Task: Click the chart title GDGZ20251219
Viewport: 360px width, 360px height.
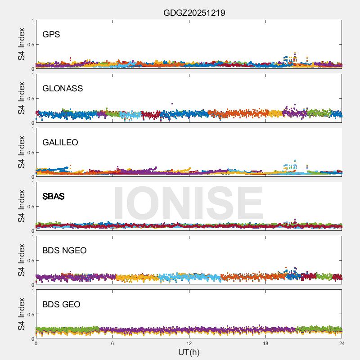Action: coord(194,13)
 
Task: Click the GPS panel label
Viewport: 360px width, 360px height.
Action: coord(51,35)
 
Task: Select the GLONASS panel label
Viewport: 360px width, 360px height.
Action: coord(63,89)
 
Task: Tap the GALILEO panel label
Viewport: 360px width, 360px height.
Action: coord(60,143)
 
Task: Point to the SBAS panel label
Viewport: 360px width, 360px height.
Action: coord(54,197)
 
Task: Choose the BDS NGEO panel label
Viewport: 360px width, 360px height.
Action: coord(64,251)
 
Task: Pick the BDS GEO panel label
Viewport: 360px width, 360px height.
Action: coord(61,305)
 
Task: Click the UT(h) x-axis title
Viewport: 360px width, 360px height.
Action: coord(189,352)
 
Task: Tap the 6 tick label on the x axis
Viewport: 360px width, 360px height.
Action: coord(112,343)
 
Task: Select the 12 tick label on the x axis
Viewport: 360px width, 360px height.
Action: coord(189,343)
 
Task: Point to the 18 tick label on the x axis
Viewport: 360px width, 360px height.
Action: coord(265,343)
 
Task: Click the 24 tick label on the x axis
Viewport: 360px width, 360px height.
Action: coord(342,343)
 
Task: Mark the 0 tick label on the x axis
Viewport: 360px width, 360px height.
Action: coord(36,343)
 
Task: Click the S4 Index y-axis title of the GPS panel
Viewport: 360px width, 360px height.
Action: coord(22,44)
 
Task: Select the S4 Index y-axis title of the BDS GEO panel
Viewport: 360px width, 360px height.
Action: coord(22,314)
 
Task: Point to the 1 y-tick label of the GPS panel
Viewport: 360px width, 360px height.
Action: coord(32,21)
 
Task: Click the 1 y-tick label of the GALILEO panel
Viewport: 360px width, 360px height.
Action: coord(32,129)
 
